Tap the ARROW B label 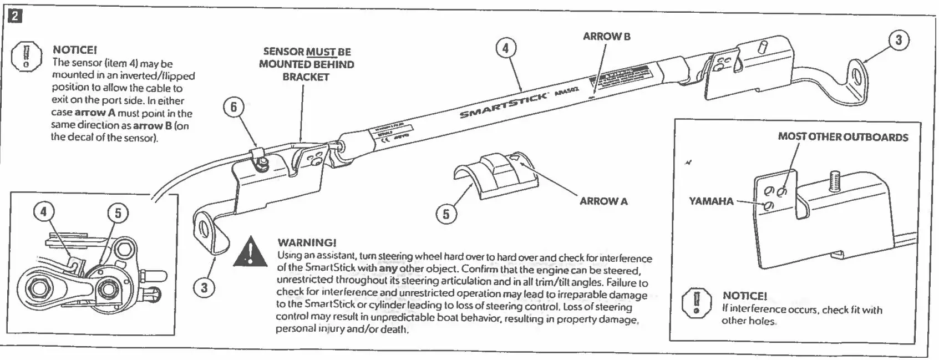(x=606, y=37)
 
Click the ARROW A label (x=603, y=201)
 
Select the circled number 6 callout (x=234, y=107)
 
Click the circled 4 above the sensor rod (x=505, y=49)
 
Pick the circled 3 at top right (x=899, y=40)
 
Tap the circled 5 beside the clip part (x=446, y=214)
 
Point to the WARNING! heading (x=307, y=242)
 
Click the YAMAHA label (x=710, y=201)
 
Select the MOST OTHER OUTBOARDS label (x=842, y=137)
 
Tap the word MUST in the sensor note (x=322, y=52)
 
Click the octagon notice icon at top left (x=25, y=55)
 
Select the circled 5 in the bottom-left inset (x=118, y=213)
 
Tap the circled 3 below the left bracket (x=204, y=288)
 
